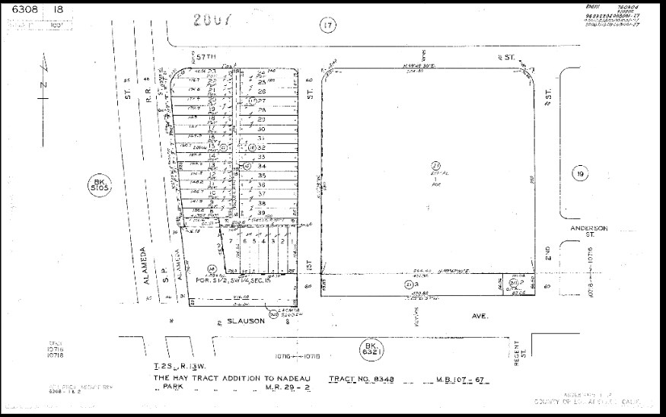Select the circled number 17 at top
[327, 26]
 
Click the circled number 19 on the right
[581, 174]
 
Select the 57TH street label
[206, 57]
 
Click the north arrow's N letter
[43, 84]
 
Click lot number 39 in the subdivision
[261, 213]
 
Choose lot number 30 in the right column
[261, 129]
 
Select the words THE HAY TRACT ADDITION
[206, 378]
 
